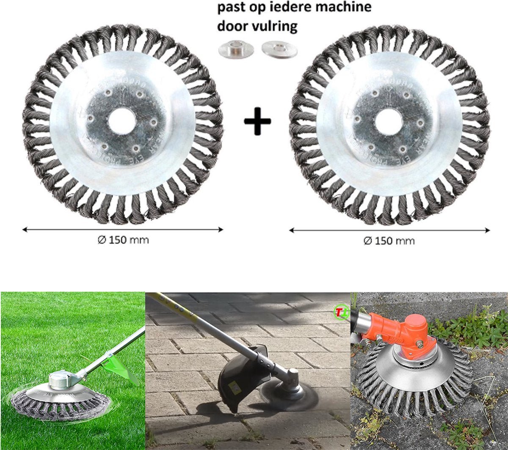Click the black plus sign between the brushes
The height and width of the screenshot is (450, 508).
[x=257, y=121]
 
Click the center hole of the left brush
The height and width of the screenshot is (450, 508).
[x=121, y=121]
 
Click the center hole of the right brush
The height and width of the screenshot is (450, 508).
[x=388, y=121]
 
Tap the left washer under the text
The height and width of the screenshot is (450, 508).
[x=236, y=49]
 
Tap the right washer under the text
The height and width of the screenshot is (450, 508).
[x=279, y=49]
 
